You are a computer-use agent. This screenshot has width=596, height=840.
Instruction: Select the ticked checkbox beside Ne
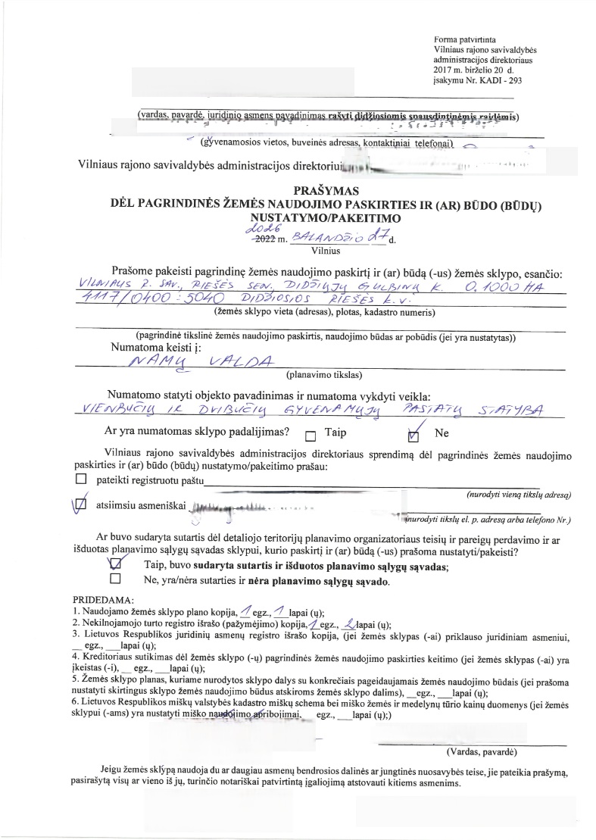[x=413, y=436]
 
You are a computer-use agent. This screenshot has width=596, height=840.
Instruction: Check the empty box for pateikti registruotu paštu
[x=82, y=479]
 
